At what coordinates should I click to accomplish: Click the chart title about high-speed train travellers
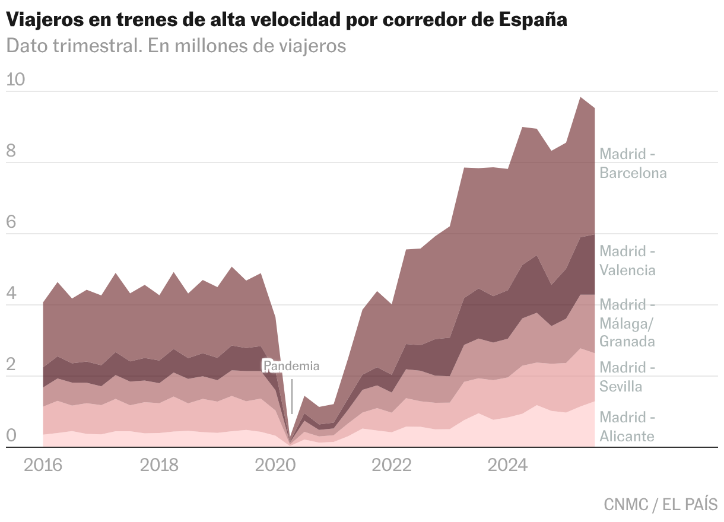pyautogui.click(x=287, y=20)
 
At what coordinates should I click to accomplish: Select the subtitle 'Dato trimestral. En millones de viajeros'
pyautogui.click(x=176, y=46)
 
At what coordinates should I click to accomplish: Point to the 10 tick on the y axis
pyautogui.click(x=15, y=79)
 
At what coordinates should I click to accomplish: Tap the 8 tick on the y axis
pyautogui.click(x=11, y=151)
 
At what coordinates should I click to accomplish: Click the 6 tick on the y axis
pyautogui.click(x=11, y=222)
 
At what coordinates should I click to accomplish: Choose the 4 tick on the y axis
pyautogui.click(x=11, y=294)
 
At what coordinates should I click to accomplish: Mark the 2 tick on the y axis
pyautogui.click(x=11, y=365)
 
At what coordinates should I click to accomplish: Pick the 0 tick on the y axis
pyautogui.click(x=11, y=436)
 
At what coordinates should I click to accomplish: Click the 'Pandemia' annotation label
pyautogui.click(x=291, y=366)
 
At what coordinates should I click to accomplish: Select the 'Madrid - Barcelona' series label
pyautogui.click(x=633, y=163)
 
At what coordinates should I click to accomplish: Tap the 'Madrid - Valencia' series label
pyautogui.click(x=627, y=260)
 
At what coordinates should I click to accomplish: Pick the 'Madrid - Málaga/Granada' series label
pyautogui.click(x=627, y=323)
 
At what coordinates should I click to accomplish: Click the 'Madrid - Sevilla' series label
pyautogui.click(x=627, y=377)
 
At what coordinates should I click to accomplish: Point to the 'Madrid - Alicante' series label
pyautogui.click(x=627, y=426)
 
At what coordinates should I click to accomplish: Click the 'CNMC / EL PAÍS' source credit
pyautogui.click(x=661, y=505)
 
